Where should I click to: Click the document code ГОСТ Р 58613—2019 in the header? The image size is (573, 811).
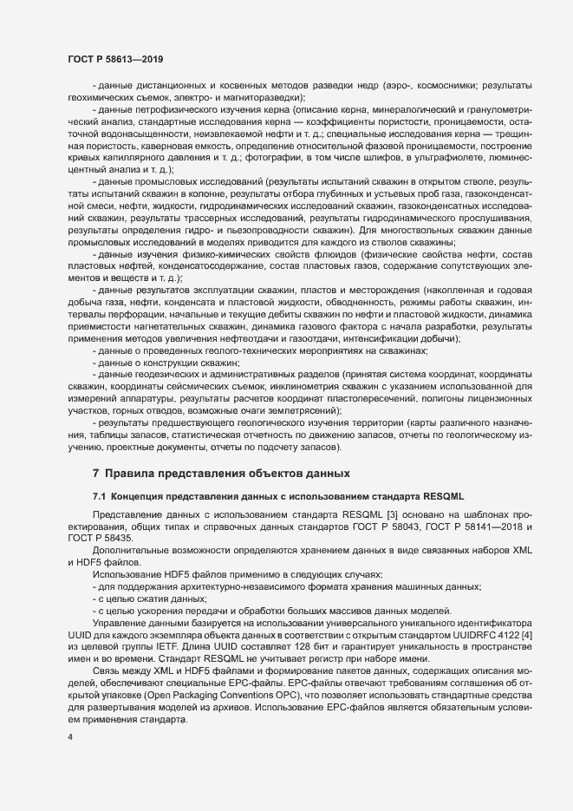coord(112,59)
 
